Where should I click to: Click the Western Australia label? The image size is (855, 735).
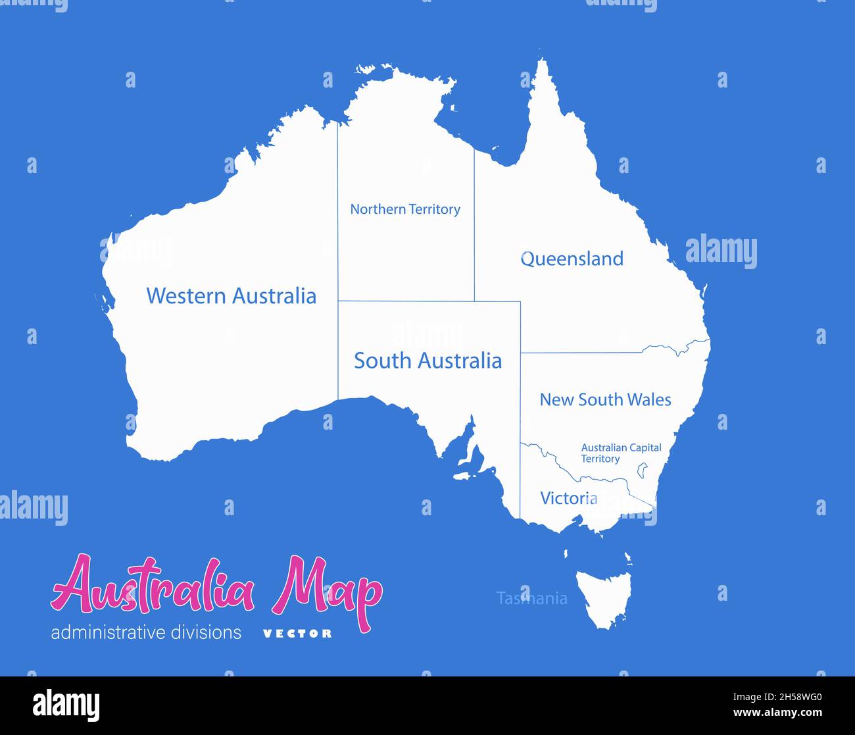point(231,295)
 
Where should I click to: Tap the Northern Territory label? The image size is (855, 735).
point(404,209)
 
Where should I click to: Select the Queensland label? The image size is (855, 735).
point(572,259)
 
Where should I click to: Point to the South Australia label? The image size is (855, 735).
point(427,361)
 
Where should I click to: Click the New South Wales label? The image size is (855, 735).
point(605,399)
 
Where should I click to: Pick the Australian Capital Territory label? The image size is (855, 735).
point(620,453)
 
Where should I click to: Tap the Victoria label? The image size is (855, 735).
point(568,498)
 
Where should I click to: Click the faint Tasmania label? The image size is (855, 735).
point(531,598)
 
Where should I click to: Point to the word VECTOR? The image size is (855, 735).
point(297,634)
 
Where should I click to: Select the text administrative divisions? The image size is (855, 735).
point(146,633)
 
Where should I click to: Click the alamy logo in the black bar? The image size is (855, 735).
point(66,705)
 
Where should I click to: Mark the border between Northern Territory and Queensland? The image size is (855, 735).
point(474,224)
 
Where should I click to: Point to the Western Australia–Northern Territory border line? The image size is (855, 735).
point(338,211)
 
